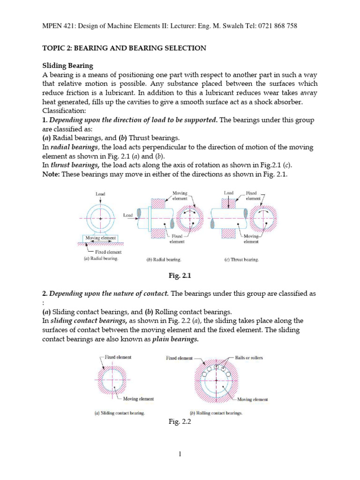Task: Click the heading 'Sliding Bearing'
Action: pyautogui.click(x=67, y=66)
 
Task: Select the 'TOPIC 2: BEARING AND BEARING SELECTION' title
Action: pyautogui.click(x=124, y=48)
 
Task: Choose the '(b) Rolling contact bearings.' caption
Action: pyautogui.click(x=216, y=413)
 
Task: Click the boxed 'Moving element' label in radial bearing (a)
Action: pyautogui.click(x=100, y=238)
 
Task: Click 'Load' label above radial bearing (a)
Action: pyautogui.click(x=100, y=193)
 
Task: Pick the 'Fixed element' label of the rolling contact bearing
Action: pyautogui.click(x=179, y=358)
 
